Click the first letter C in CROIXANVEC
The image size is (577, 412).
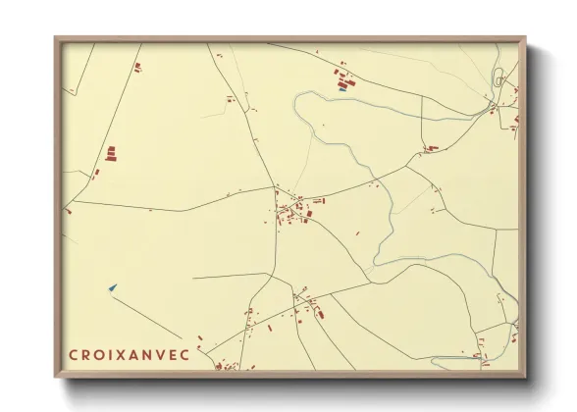[x=73, y=355]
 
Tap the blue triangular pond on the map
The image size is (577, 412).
[x=113, y=287]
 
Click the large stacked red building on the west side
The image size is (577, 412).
[x=111, y=153]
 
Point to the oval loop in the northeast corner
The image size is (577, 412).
[x=498, y=77]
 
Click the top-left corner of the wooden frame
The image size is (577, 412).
[x=56, y=39]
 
